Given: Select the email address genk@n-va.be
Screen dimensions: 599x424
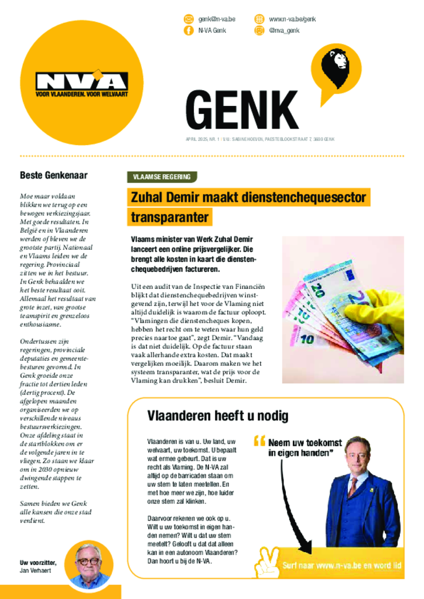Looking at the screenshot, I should pyautogui.click(x=217, y=19).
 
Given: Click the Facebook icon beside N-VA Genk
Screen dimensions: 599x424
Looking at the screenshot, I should pyautogui.click(x=189, y=30).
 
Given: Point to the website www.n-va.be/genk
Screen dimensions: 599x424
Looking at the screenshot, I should pyautogui.click(x=292, y=19).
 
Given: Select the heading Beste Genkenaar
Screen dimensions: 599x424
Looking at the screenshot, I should pyautogui.click(x=54, y=175).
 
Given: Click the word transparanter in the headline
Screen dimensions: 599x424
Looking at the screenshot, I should pyautogui.click(x=169, y=218).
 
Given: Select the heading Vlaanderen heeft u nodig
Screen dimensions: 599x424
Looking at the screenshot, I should pyautogui.click(x=217, y=416).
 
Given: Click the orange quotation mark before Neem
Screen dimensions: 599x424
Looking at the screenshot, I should pyautogui.click(x=259, y=441).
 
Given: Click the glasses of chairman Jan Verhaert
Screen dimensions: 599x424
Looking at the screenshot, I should pyautogui.click(x=88, y=561).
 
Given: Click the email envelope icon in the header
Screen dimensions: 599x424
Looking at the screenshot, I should pyautogui.click(x=189, y=19).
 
